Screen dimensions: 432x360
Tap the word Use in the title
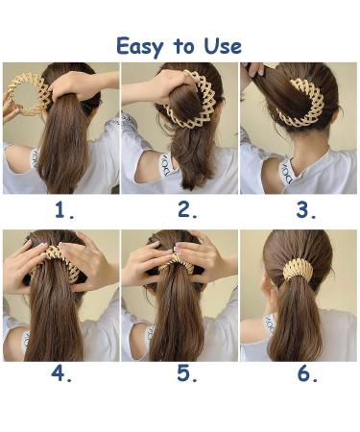tap(222, 45)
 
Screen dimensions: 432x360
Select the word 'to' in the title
tap(181, 46)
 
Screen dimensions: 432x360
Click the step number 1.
tap(64, 210)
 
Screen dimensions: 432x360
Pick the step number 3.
tap(306, 210)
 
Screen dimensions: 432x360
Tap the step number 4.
tap(61, 374)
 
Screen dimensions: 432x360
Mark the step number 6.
tap(306, 374)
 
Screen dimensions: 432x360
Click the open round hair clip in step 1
tap(27, 94)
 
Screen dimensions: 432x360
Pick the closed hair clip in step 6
tap(301, 269)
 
